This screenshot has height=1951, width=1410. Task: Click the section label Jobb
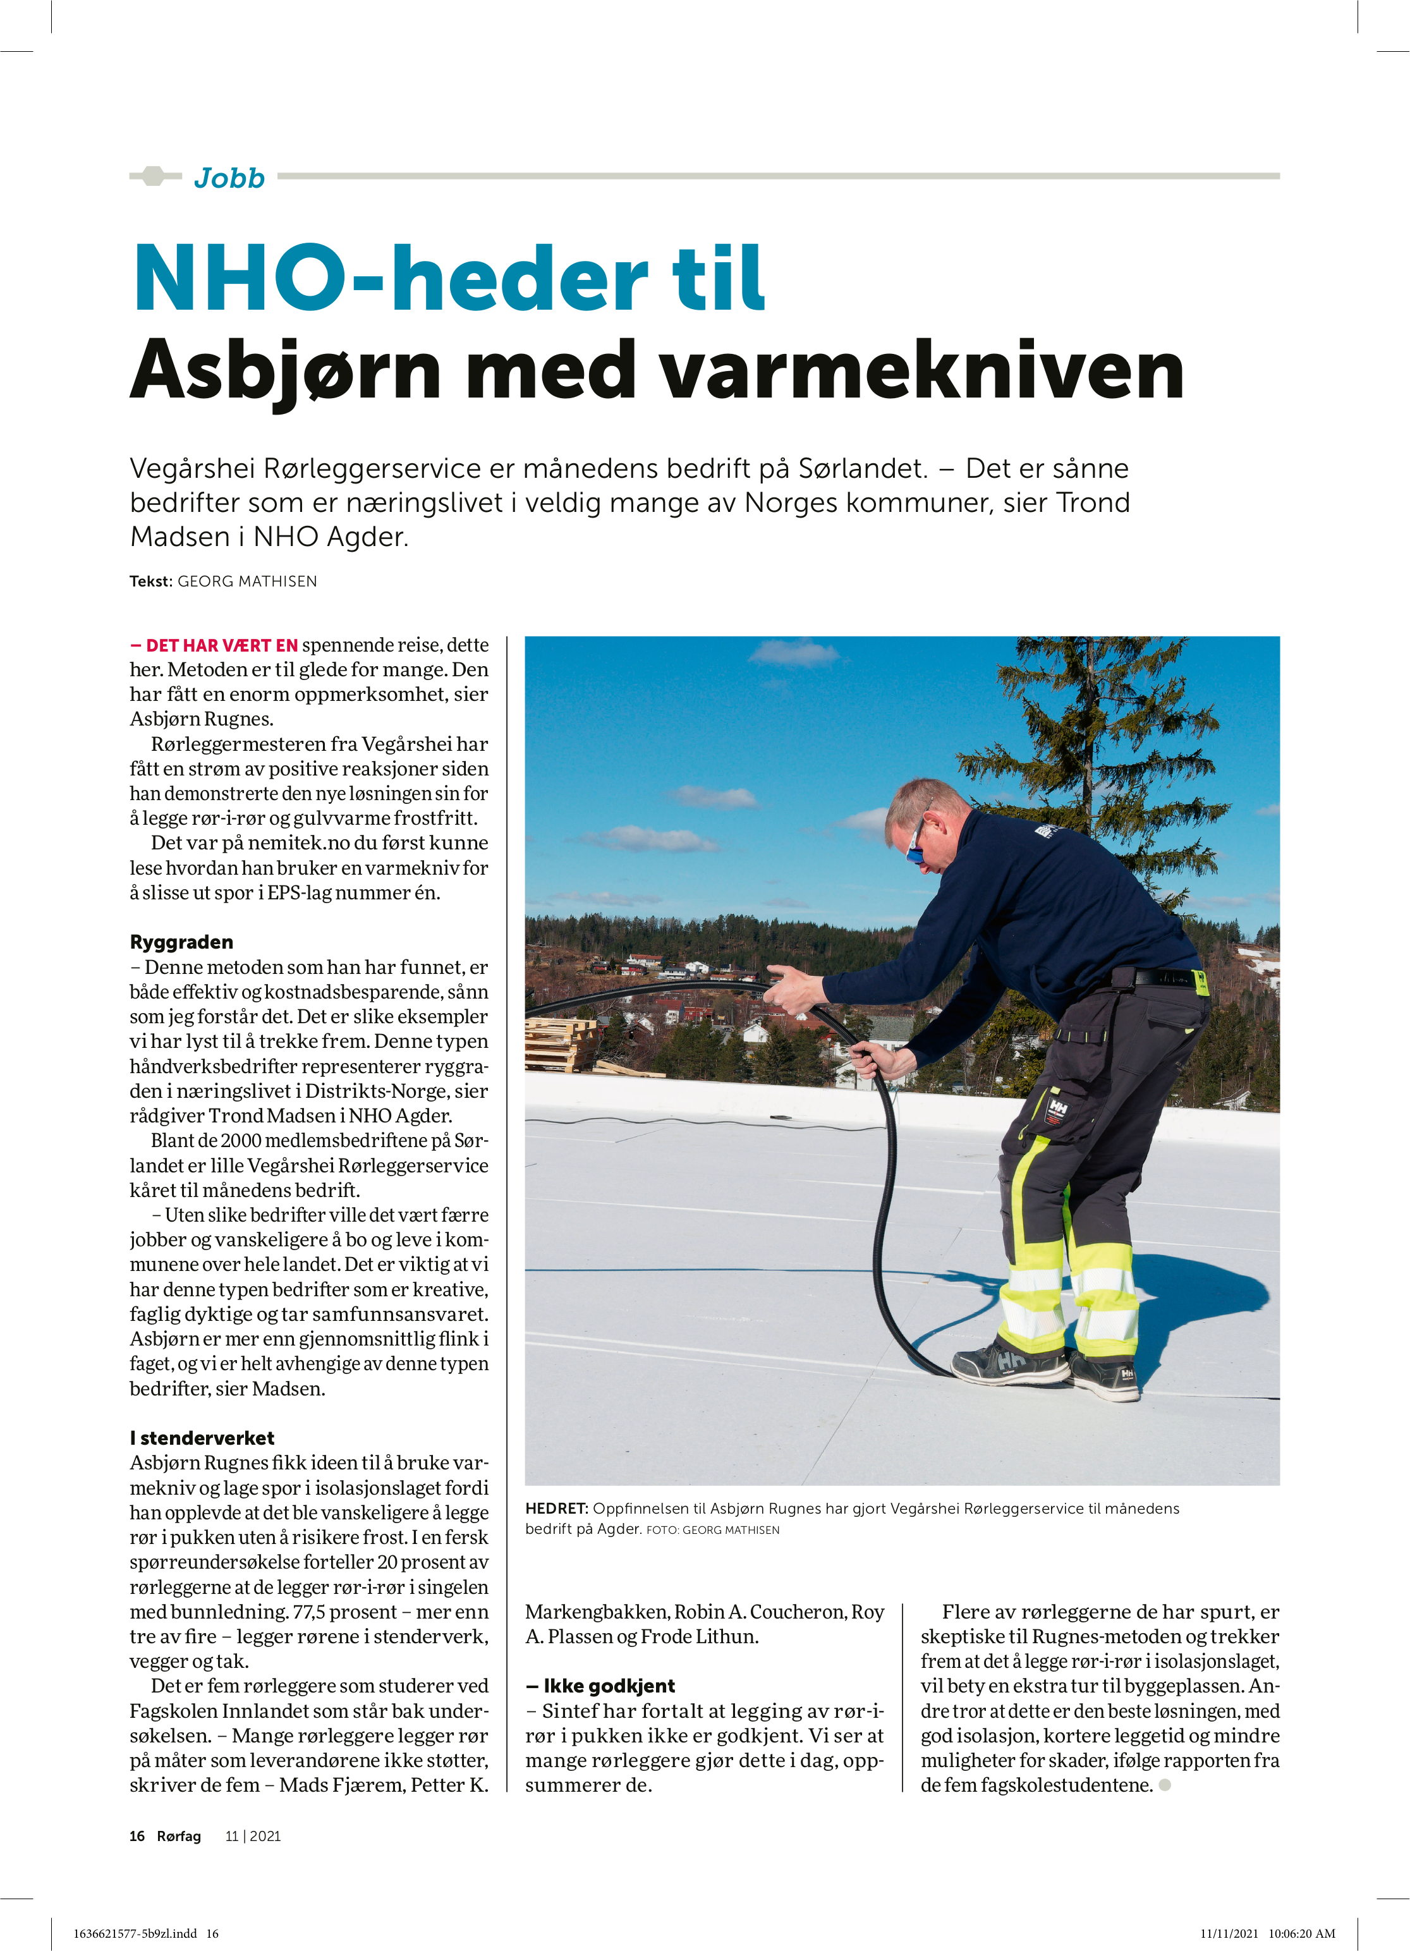229,178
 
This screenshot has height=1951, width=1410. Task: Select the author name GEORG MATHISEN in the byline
247,581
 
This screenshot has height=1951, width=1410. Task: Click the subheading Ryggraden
181,942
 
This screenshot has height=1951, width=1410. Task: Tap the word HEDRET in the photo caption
556,1509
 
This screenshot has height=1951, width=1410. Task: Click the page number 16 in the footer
137,1837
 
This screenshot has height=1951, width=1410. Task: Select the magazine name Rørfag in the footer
179,1837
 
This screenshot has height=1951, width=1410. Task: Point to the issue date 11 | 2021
253,1837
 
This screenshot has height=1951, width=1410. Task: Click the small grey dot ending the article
1165,1785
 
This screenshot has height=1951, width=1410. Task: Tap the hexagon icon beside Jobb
153,176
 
